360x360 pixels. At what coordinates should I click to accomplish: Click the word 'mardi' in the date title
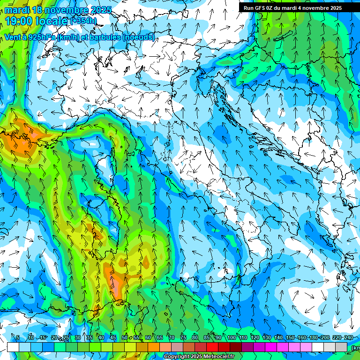pyautogui.click(x=16, y=10)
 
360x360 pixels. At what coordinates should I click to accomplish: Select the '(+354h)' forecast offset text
pyautogui.click(x=83, y=21)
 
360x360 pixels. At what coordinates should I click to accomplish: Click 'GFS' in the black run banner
pyautogui.click(x=259, y=8)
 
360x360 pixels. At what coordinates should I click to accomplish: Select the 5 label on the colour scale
pyautogui.click(x=18, y=337)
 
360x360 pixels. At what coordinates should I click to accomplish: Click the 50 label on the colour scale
pyautogui.click(x=124, y=337)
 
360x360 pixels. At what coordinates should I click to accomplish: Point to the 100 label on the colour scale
pyautogui.click(x=231, y=337)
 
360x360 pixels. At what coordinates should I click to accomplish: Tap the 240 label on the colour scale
pyautogui.click(x=348, y=337)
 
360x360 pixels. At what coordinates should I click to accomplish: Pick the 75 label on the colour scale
pyautogui.click(x=183, y=337)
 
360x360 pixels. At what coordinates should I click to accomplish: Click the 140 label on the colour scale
pyautogui.click(x=278, y=337)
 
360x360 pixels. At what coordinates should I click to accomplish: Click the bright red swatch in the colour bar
pyautogui.click(x=212, y=347)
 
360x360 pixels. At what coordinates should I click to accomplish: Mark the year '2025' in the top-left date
pyautogui.click(x=101, y=10)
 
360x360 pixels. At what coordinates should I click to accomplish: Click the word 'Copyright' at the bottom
pyautogui.click(x=177, y=357)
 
